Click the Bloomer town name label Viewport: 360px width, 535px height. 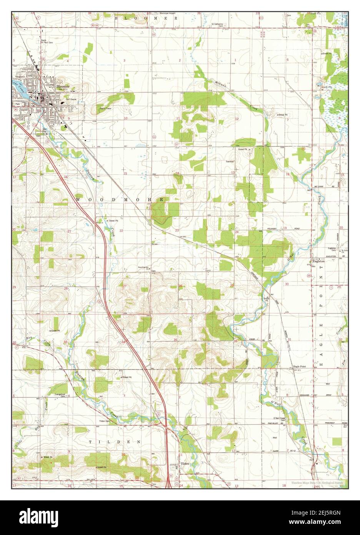coord(63,87)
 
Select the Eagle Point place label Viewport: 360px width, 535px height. coord(300,366)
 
